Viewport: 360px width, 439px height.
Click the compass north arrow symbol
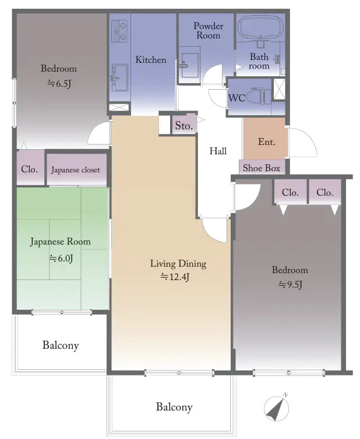(x=276, y=407)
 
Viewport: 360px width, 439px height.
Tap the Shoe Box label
(x=262, y=168)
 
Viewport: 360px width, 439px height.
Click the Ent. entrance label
(x=266, y=141)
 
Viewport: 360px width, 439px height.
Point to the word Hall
(x=218, y=151)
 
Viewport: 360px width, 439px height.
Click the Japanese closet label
(x=75, y=170)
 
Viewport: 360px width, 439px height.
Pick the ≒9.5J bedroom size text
(x=290, y=284)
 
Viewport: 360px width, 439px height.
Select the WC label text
(x=237, y=97)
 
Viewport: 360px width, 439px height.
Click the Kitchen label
(x=151, y=59)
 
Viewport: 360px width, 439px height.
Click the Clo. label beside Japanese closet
(x=30, y=169)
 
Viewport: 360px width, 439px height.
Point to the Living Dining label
(x=178, y=264)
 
